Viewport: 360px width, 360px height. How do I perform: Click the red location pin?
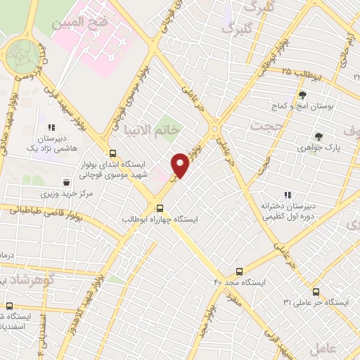pyautogui.click(x=181, y=165)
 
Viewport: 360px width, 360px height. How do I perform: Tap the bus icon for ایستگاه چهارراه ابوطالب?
pyautogui.click(x=160, y=208)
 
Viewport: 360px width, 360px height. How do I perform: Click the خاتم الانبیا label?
pyautogui.click(x=153, y=130)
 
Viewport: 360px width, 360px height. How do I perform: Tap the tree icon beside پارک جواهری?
pyautogui.click(x=319, y=136)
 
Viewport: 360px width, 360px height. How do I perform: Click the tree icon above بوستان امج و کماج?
pyautogui.click(x=302, y=95)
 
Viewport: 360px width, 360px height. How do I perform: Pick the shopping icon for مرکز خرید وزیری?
pyautogui.click(x=66, y=182)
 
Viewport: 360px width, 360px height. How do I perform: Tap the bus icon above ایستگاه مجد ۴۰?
pyautogui.click(x=240, y=271)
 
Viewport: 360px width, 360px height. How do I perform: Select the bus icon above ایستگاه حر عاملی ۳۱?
pyautogui.click(x=314, y=291)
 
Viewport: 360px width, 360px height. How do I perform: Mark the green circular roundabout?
pyautogui.click(x=23, y=56)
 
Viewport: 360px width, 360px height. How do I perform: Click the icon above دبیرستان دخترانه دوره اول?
pyautogui.click(x=286, y=195)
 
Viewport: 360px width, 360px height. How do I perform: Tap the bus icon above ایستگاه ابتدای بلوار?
pyautogui.click(x=112, y=153)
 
